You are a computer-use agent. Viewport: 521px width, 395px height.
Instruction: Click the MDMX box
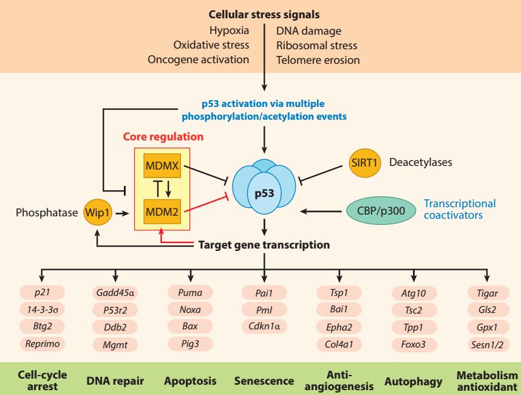[162, 165]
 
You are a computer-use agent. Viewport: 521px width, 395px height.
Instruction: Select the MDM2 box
[162, 211]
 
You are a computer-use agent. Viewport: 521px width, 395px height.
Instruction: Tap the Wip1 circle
[97, 213]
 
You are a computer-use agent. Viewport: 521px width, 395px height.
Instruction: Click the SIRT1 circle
[364, 163]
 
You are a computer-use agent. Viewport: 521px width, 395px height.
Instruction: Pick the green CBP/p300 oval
[381, 210]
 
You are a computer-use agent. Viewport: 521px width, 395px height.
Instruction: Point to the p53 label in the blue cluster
[264, 193]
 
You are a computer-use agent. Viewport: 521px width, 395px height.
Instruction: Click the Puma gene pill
[190, 292]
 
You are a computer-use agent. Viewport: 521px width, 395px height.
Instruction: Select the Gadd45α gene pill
[115, 293]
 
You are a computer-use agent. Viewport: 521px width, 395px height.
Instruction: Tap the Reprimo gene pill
[42, 343]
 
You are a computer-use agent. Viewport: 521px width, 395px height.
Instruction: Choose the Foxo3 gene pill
[414, 344]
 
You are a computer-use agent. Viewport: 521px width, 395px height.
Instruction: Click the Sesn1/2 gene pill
[487, 345]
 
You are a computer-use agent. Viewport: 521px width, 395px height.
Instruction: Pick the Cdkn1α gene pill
[264, 326]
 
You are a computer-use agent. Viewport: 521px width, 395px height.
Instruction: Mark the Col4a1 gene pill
[339, 344]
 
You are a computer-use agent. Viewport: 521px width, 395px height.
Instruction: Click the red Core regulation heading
[163, 137]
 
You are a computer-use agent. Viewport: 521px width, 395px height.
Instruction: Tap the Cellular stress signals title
[264, 15]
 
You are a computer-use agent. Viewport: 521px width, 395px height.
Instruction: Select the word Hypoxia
[230, 30]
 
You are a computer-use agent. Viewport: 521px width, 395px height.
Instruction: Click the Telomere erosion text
[318, 60]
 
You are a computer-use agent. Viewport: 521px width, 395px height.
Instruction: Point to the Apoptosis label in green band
[190, 380]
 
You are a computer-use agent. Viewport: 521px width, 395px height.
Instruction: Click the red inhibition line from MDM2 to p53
[206, 204]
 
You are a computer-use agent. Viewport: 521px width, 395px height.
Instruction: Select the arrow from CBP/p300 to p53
[321, 211]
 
